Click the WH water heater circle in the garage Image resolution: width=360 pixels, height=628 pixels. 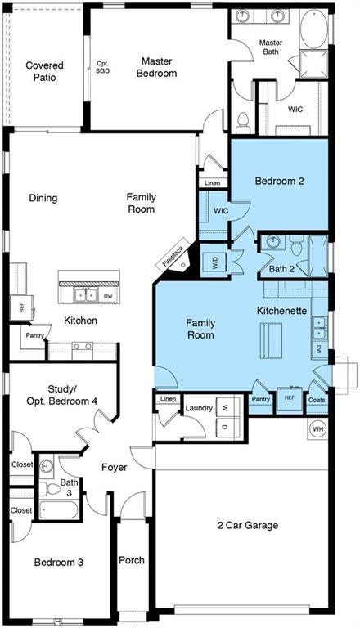click(318, 429)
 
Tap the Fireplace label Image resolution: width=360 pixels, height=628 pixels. click(173, 256)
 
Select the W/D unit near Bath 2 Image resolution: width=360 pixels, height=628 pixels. click(214, 263)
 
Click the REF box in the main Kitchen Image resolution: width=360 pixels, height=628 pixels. click(21, 307)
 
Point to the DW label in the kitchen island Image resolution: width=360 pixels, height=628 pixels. click(108, 296)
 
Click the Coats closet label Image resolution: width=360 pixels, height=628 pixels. click(317, 400)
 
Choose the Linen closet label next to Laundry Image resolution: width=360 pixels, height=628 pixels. click(168, 399)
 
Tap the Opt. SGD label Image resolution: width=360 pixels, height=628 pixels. click(102, 67)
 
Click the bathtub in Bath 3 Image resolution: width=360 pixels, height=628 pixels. click(59, 509)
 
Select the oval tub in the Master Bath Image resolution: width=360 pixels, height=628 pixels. click(314, 29)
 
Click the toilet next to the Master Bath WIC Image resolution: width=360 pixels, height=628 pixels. click(243, 123)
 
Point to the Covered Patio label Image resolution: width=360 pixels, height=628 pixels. click(44, 71)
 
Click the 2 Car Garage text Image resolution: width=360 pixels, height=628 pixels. click(247, 525)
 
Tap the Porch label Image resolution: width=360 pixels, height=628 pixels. click(132, 560)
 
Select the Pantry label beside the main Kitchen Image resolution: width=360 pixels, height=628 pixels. click(35, 335)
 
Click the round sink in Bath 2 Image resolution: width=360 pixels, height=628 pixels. click(273, 241)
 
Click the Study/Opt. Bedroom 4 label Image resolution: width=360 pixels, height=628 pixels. click(61, 394)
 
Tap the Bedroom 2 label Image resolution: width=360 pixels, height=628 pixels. click(280, 181)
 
